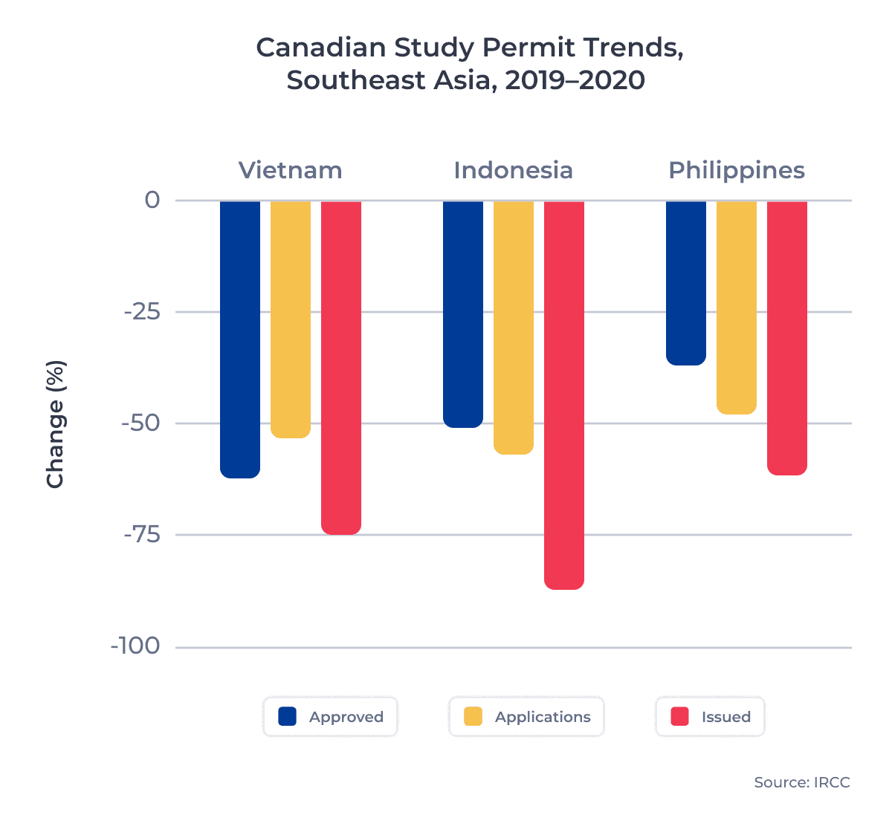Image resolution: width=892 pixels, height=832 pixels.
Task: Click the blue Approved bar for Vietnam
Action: click(240, 339)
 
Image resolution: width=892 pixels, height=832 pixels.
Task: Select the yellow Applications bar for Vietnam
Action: click(291, 319)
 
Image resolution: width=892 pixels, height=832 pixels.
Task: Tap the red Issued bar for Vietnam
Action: click(341, 367)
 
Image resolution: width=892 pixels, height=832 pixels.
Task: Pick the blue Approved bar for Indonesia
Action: click(463, 313)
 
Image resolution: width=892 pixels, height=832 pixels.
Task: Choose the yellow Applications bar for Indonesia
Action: click(514, 327)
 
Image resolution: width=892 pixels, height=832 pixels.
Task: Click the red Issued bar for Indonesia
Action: click(564, 394)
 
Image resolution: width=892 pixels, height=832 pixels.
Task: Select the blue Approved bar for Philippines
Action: click(686, 282)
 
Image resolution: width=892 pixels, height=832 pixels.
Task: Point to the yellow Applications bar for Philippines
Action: click(737, 307)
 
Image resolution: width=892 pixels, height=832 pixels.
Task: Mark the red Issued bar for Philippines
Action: click(787, 337)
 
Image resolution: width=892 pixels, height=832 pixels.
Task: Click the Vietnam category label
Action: click(291, 170)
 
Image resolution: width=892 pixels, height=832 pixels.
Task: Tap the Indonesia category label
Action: click(514, 170)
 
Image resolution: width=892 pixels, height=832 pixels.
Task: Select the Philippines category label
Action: click(737, 170)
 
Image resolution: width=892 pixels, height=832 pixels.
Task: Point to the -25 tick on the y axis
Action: click(142, 312)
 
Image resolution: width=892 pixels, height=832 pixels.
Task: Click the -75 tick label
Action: click(142, 535)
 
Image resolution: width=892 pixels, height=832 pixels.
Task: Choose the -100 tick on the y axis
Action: click(135, 646)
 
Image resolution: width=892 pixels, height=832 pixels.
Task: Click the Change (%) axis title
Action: click(56, 424)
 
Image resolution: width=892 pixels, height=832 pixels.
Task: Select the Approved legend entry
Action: click(331, 717)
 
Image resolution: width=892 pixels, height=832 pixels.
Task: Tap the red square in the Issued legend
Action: click(679, 717)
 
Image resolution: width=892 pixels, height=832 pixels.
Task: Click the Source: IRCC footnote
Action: click(801, 782)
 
